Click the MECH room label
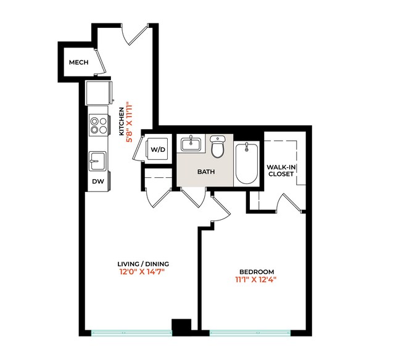(x=78, y=62)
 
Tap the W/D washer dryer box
(x=159, y=149)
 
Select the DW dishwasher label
(x=97, y=182)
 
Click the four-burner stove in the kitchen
(x=97, y=125)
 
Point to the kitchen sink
(x=97, y=161)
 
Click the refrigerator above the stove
(x=99, y=93)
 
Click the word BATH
(x=205, y=172)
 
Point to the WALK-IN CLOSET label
(x=280, y=170)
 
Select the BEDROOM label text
(x=257, y=272)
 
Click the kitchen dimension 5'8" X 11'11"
(x=130, y=122)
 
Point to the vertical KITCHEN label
(x=121, y=122)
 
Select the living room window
(x=131, y=333)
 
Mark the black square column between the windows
(x=181, y=327)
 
